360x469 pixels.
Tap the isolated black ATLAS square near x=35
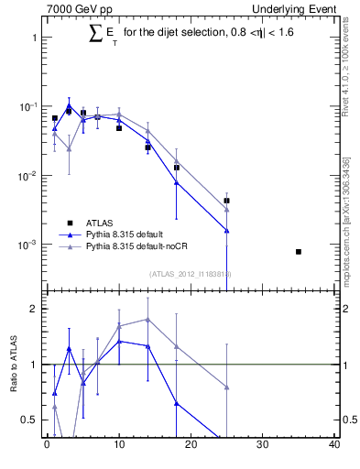tap(299, 251)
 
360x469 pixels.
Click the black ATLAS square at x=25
tap(226, 200)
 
